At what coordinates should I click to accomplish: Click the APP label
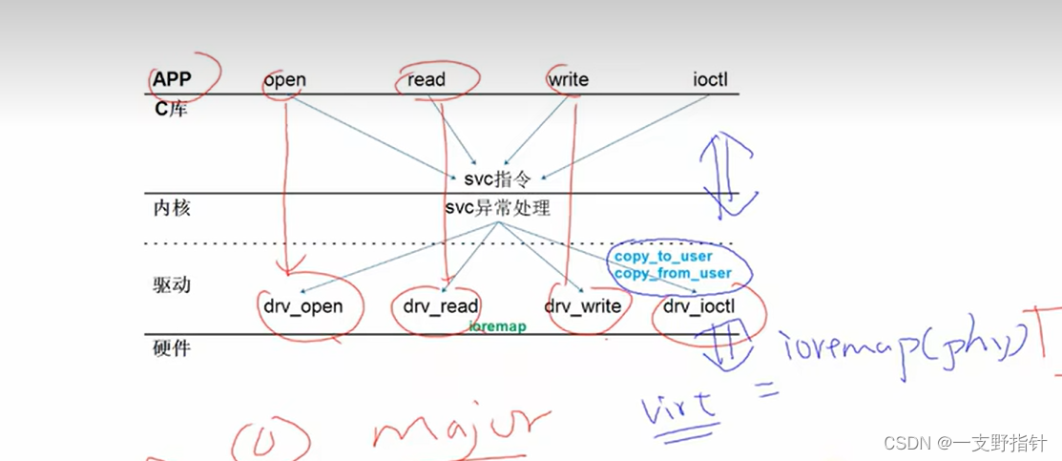click(x=172, y=79)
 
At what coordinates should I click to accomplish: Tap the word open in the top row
click(x=284, y=79)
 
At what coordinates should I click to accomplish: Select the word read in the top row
click(x=426, y=79)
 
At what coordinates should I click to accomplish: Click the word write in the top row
click(x=568, y=79)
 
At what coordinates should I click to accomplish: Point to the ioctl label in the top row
click(x=710, y=79)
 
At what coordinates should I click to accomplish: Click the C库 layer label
click(x=172, y=109)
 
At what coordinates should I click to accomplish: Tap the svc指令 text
click(x=496, y=178)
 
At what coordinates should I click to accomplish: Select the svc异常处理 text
click(x=497, y=207)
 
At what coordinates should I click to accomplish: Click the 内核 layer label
click(x=172, y=207)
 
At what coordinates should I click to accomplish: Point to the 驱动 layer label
click(x=172, y=284)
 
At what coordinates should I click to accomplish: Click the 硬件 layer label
click(x=172, y=347)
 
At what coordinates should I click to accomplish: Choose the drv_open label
click(x=302, y=306)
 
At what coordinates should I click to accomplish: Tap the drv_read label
click(x=440, y=306)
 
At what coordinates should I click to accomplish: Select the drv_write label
click(x=582, y=306)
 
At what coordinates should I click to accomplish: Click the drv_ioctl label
click(x=699, y=306)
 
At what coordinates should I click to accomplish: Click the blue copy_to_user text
click(x=663, y=257)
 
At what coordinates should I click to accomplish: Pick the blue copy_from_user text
click(x=673, y=273)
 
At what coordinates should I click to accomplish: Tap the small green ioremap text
click(x=497, y=326)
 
